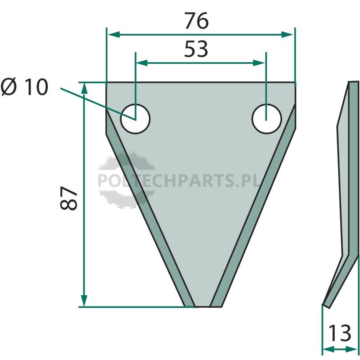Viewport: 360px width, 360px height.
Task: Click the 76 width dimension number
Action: click(x=197, y=21)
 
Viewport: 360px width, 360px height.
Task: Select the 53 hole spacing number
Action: click(x=196, y=49)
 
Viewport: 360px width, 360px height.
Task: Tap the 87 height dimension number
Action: click(x=68, y=198)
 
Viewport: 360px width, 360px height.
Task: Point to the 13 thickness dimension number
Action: click(x=340, y=333)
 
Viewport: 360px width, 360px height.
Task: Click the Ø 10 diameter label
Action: click(x=25, y=86)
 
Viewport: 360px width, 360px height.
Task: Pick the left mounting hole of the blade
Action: click(x=135, y=119)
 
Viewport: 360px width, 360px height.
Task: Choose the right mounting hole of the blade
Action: click(x=266, y=119)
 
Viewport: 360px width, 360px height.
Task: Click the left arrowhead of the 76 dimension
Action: click(x=114, y=35)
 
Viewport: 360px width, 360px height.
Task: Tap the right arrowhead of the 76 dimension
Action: click(x=288, y=35)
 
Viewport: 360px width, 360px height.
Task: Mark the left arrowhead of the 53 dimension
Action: click(x=142, y=63)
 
